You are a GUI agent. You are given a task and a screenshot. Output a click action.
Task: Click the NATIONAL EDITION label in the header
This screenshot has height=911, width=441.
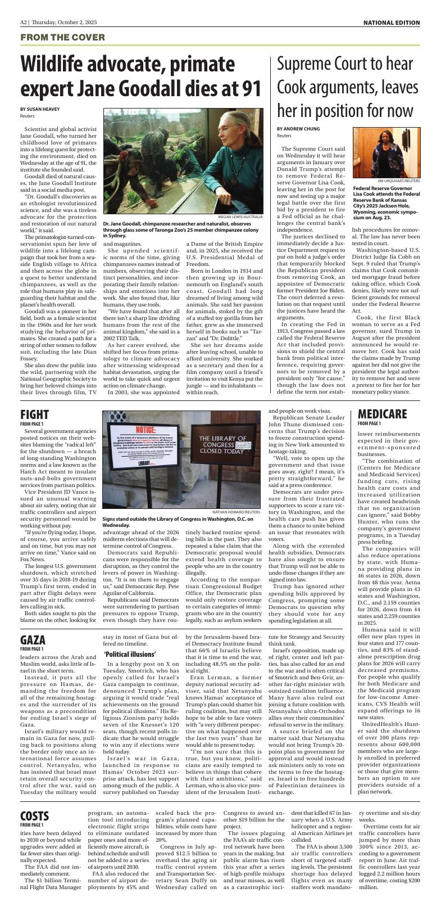391,22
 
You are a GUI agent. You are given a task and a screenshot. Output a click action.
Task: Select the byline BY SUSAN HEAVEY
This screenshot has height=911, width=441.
40,109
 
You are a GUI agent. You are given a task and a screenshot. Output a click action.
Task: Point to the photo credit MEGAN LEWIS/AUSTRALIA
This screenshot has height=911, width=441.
240,217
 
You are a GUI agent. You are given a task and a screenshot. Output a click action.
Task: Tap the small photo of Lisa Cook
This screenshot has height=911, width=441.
386,152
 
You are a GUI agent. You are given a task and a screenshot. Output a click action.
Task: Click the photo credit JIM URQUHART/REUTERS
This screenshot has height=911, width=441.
398,181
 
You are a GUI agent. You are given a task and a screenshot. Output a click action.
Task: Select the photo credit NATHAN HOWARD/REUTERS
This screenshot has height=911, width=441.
236,512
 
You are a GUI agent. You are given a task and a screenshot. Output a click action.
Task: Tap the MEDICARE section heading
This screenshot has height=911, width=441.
382,414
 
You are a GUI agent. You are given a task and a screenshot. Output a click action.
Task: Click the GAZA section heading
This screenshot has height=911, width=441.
33,640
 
